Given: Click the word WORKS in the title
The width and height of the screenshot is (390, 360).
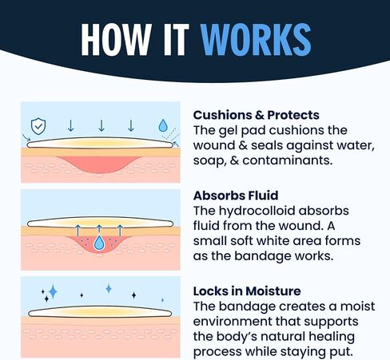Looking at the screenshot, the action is (256, 40).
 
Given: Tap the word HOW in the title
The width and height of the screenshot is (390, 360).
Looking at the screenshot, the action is (117, 40).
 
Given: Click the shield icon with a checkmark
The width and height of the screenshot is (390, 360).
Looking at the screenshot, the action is (38, 126).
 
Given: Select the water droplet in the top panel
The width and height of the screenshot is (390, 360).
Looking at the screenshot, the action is (163, 125).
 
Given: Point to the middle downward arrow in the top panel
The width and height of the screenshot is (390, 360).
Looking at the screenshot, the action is (101, 125).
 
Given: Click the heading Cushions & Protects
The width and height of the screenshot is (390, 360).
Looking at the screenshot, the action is (256, 115).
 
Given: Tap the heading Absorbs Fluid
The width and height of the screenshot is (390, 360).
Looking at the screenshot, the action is (236, 196).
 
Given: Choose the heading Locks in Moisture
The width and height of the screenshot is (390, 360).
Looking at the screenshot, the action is (247, 291).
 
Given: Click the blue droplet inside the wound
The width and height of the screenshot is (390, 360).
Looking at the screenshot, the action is (99, 243).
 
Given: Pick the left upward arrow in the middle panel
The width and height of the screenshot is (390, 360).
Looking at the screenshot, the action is (78, 231).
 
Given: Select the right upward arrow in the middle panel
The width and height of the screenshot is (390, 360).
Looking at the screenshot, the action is (120, 231).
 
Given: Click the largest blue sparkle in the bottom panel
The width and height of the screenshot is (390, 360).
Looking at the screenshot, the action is (53, 292).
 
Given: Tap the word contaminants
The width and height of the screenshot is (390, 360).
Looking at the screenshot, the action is (288, 160).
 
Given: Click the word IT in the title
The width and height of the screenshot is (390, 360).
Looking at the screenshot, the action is (174, 40).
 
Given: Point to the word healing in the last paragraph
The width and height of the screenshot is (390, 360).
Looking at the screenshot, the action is (332, 337).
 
